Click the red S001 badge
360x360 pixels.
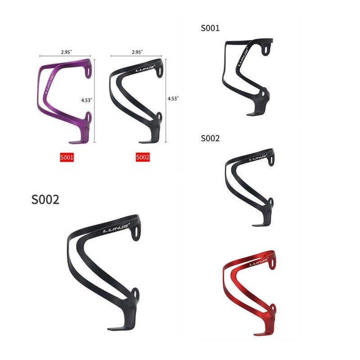(67, 157)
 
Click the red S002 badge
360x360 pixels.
(143, 157)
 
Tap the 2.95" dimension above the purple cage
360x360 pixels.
(66, 52)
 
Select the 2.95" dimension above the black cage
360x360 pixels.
(137, 52)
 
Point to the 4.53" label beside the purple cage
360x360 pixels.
(87, 100)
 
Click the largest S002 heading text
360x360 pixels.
(45, 199)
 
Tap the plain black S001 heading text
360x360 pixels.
(210, 28)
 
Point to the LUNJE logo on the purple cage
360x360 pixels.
(49, 84)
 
